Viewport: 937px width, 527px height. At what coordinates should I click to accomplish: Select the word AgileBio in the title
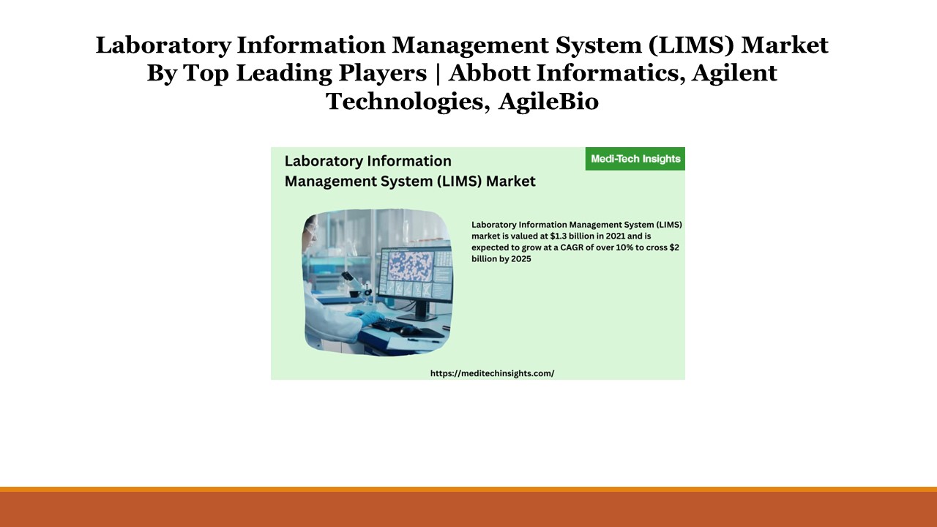click(x=548, y=101)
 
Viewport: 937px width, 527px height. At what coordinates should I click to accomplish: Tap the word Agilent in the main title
click(x=734, y=73)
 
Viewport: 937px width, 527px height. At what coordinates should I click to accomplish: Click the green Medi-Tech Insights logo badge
click(x=635, y=159)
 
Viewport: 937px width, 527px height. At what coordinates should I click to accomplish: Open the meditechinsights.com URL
click(x=492, y=373)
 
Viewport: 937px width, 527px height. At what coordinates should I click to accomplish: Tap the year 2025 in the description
click(x=521, y=259)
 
